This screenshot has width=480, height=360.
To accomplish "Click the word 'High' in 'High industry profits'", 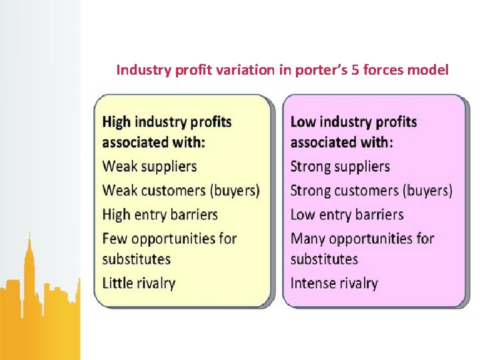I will coord(117,122).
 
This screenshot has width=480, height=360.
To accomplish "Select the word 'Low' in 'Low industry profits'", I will coord(303,122).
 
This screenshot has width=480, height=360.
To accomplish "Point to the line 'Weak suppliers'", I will coord(149,166).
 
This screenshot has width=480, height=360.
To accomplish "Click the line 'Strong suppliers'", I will coord(340,166).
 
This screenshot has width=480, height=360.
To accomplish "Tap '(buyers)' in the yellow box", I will coord(235,191).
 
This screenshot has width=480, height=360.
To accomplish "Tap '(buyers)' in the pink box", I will coord(427,191).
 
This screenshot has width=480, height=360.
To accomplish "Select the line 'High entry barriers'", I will coord(160,215).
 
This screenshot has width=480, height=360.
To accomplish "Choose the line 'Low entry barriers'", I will coord(347,215).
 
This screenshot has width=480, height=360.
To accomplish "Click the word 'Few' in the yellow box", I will coord(115,238).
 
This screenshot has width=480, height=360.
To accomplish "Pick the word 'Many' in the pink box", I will coord(308,238).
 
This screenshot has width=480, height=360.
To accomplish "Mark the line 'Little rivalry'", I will coord(139,283).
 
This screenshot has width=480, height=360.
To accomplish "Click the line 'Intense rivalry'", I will coord(334,283).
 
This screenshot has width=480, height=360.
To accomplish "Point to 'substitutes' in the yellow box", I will coord(137,259).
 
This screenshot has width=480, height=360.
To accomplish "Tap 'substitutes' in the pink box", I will coord(325,259).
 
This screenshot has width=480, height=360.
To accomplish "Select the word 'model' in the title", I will coord(431,70).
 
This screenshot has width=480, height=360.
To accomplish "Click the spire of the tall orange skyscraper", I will coord(29,239).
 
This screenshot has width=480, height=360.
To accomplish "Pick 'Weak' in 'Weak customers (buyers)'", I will coord(118,191).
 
